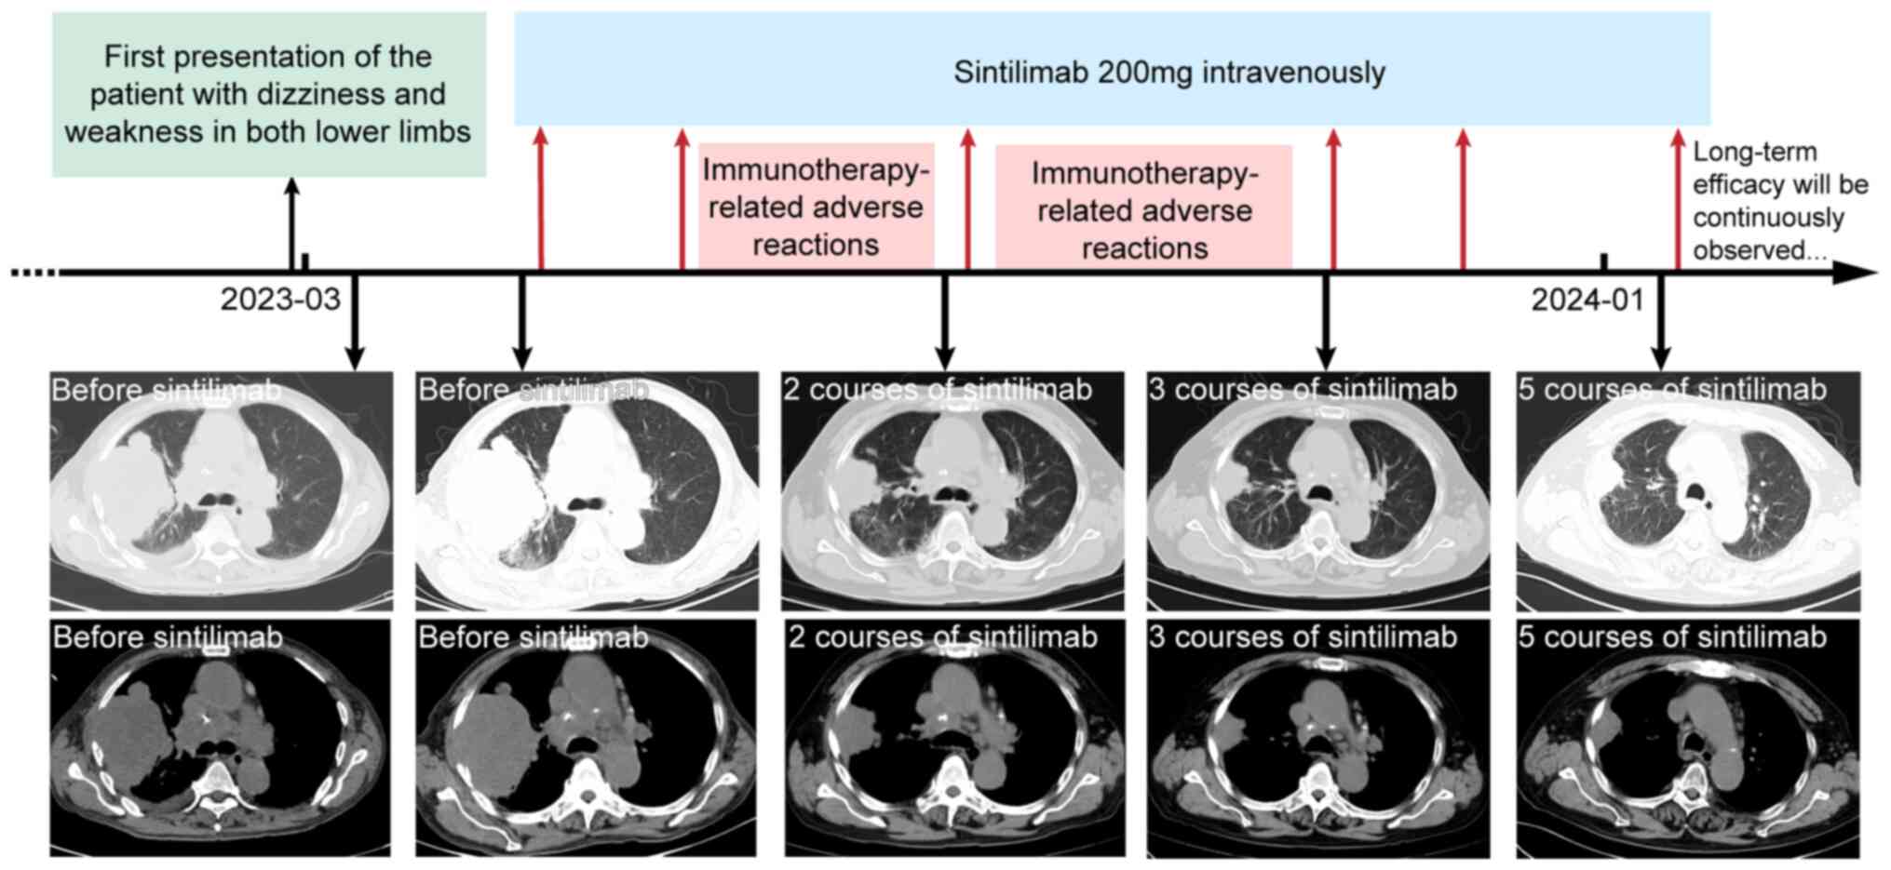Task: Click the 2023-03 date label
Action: click(x=280, y=300)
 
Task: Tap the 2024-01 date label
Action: click(x=1587, y=300)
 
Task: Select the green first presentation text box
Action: click(x=268, y=94)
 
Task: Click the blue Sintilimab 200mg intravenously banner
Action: click(x=1112, y=71)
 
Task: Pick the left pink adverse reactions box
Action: click(x=816, y=207)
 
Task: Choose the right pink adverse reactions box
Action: click(x=1144, y=209)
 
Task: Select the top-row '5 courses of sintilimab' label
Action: click(x=1672, y=389)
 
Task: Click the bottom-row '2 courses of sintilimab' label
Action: click(x=942, y=637)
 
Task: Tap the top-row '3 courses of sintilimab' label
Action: click(x=1303, y=389)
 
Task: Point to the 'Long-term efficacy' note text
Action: click(x=1778, y=201)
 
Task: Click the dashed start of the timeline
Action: click(x=34, y=273)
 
